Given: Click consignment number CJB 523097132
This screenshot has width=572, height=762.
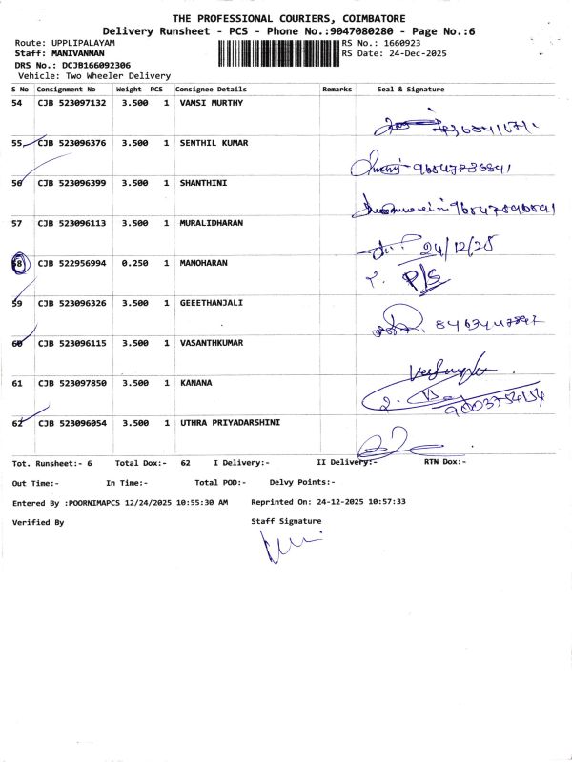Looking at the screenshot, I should coord(71,103).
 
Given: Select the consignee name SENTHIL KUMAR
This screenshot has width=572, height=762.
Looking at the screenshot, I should coord(214,143).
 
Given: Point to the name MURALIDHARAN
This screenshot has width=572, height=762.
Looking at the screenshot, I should coord(212,223).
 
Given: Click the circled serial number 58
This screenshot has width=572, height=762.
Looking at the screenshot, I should coord(18,264).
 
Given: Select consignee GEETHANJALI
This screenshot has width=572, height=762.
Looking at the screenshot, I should coord(211,303).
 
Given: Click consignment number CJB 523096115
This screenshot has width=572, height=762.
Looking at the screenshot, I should coord(71,343).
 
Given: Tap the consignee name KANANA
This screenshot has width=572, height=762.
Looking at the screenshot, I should coord(196,383).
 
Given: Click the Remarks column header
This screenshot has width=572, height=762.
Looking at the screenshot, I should coord(337,89).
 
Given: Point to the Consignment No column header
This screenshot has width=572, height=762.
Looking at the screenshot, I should coord(67,89).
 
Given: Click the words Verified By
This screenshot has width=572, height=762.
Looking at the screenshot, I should coord(38,522).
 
